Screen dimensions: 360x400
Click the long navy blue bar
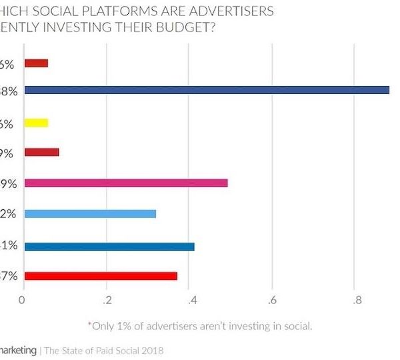[207, 90]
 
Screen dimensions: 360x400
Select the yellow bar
[36, 122]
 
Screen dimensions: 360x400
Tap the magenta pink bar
[126, 183]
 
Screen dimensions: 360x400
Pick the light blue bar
[90, 214]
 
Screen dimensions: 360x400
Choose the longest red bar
[101, 275]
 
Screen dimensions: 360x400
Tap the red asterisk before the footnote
[89, 325]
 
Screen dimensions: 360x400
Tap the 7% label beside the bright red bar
[9, 276]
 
